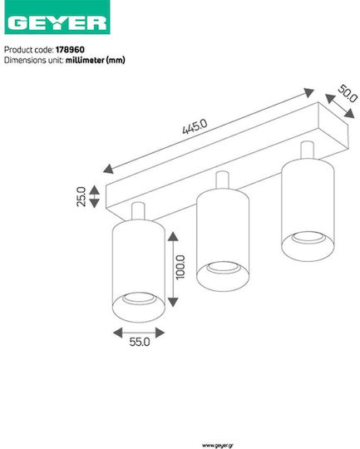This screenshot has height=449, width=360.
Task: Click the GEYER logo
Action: [x=57, y=17]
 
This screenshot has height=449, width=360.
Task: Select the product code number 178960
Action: [x=70, y=50]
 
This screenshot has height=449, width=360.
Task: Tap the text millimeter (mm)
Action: [x=96, y=60]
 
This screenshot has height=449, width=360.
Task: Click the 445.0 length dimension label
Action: [x=195, y=126]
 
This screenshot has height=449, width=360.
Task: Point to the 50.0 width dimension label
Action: [x=348, y=94]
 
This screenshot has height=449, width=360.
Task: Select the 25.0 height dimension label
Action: [x=81, y=196]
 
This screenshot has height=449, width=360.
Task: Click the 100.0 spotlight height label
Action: [x=180, y=267]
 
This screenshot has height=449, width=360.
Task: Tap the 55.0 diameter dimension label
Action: [x=140, y=342]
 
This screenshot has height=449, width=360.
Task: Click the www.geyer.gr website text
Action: [x=218, y=446]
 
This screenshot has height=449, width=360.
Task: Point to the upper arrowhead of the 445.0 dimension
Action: [x=308, y=92]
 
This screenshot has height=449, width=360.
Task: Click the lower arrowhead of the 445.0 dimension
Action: [x=108, y=169]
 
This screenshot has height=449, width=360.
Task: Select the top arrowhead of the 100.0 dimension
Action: [x=173, y=236]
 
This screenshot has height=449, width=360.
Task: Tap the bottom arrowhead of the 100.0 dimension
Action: [x=173, y=302]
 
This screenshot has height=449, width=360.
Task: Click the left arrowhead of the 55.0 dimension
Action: [x=118, y=333]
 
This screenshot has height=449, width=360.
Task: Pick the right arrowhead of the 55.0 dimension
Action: [x=160, y=333]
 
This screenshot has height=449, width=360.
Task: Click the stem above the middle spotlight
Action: [x=222, y=180]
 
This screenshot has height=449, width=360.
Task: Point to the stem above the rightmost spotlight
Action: [x=307, y=150]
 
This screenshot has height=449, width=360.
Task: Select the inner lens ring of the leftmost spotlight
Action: [x=139, y=299]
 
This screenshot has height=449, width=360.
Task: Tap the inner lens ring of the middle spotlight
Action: [x=223, y=268]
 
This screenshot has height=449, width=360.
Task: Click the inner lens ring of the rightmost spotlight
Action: [x=308, y=238]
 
